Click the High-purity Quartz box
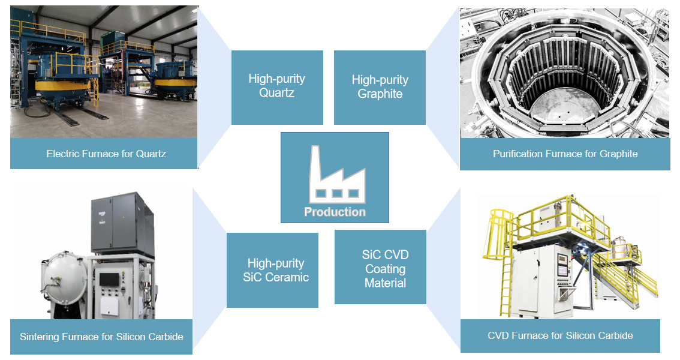277,87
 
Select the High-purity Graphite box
380,87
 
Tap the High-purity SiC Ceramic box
272,270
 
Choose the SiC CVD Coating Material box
380,267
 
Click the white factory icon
337,175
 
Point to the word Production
335,212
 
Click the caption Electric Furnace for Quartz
106,154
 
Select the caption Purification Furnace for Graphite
565,154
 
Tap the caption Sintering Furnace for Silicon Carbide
101,337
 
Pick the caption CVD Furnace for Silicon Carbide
560,335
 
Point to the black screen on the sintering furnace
109,280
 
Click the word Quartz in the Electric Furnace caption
151,154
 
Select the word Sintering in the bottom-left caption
39,337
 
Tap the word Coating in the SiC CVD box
385,269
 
